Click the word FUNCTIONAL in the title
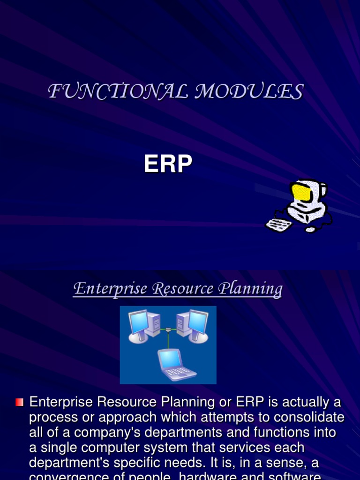click(117, 91)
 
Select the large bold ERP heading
click(168, 165)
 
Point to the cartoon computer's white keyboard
click(279, 225)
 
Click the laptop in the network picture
click(175, 364)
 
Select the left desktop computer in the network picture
click(143, 325)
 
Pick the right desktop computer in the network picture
click(193, 325)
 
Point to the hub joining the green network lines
click(168, 330)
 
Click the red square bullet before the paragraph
click(19, 402)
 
